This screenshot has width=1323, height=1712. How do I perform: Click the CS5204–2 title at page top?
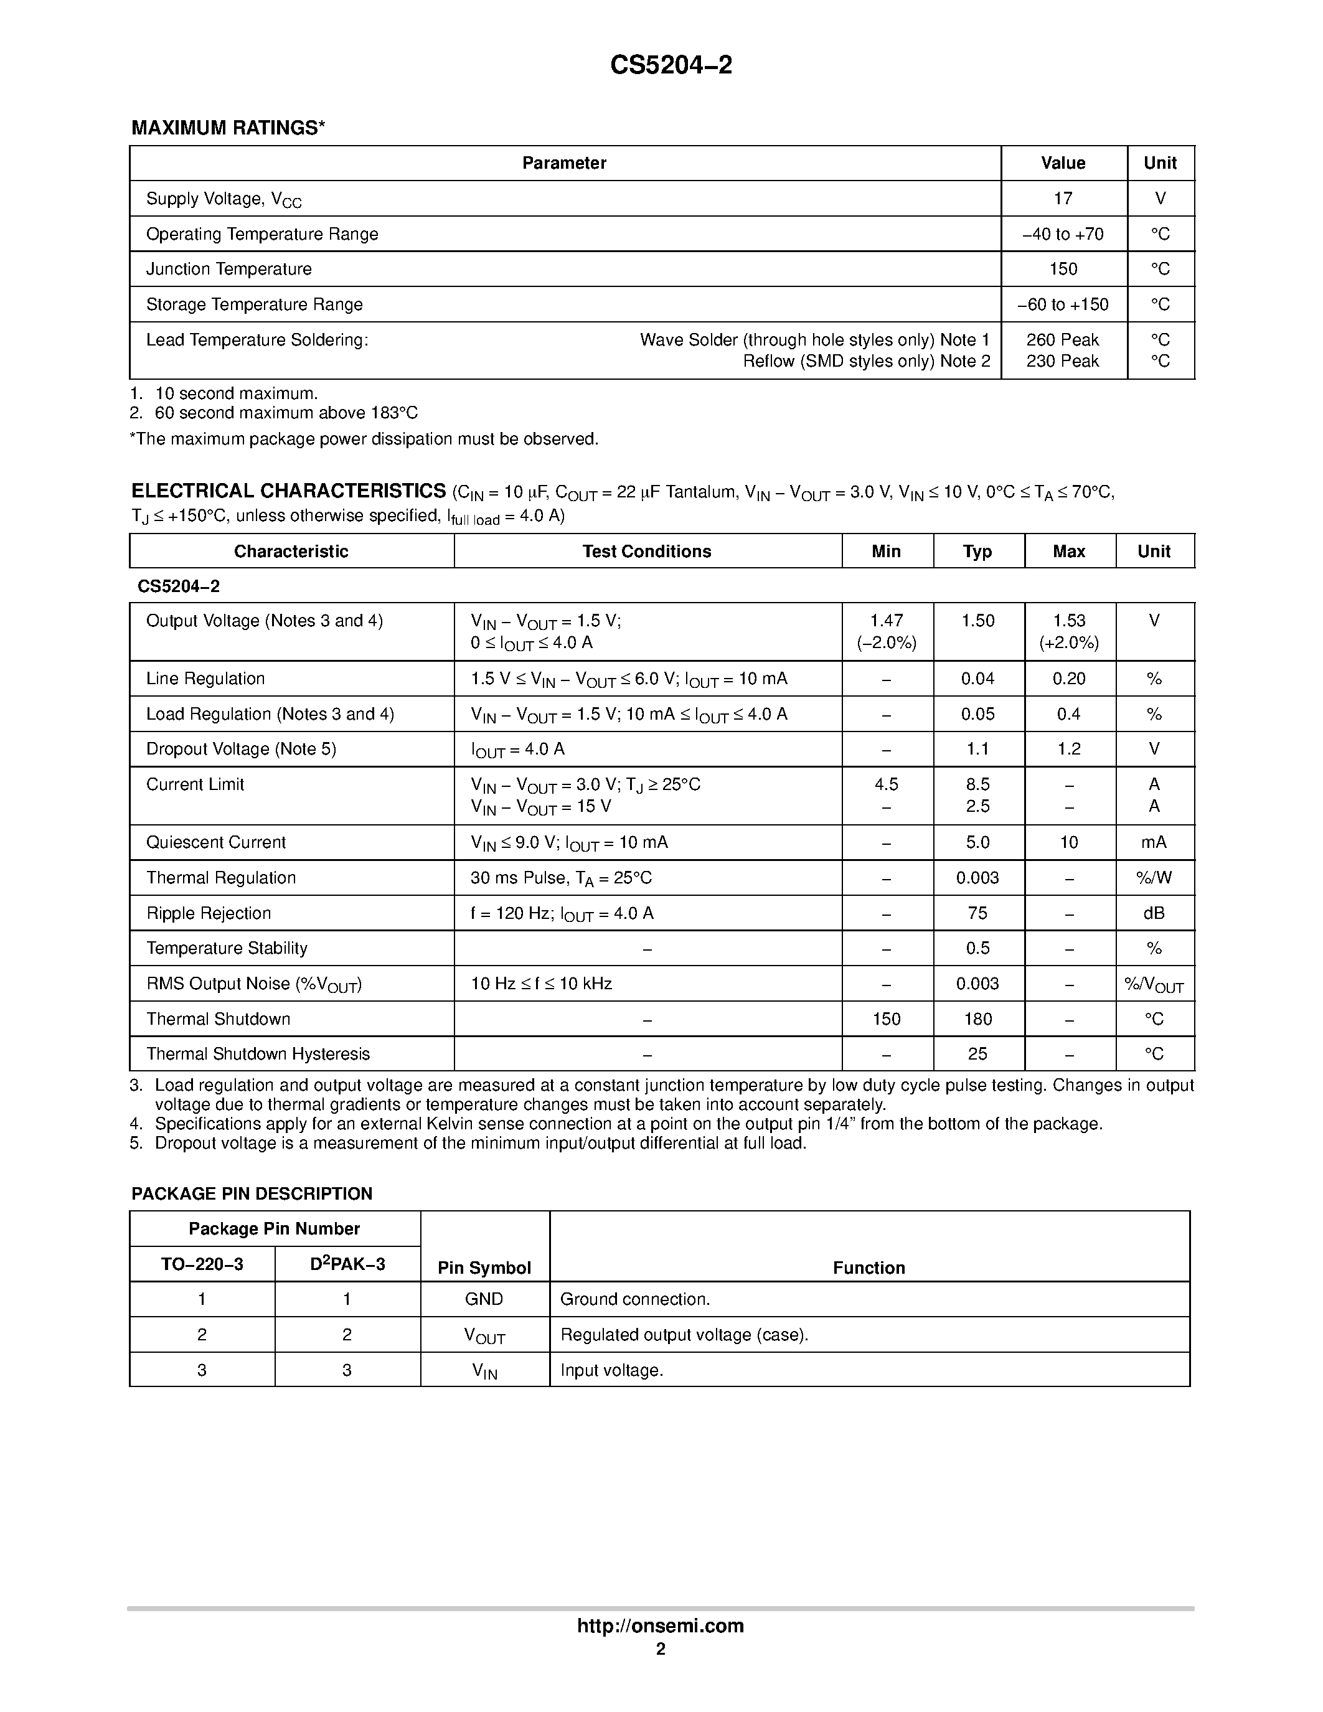tap(671, 65)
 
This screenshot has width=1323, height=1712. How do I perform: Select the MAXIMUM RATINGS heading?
tap(227, 128)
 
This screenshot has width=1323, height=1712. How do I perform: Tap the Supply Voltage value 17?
tap(1063, 199)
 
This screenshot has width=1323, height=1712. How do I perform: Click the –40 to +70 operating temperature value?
tap(1063, 233)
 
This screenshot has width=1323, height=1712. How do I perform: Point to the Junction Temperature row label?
tap(229, 269)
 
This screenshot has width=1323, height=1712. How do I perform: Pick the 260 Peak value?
tap(1063, 339)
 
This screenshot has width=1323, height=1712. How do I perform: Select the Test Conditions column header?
tap(647, 551)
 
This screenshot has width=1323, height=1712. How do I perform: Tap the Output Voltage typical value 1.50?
tap(977, 621)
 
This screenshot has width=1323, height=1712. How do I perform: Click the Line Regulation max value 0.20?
tap(1069, 679)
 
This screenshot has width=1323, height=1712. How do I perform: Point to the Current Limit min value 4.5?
tap(887, 784)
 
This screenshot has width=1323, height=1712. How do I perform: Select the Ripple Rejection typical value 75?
tap(977, 913)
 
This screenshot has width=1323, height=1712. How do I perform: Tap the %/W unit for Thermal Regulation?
tap(1154, 878)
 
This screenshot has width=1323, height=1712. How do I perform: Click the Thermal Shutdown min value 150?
tap(887, 1019)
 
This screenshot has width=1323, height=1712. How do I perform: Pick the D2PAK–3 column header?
tap(347, 1264)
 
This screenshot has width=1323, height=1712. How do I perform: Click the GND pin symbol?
tap(484, 1299)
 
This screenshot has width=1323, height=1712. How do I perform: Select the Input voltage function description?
tap(611, 1370)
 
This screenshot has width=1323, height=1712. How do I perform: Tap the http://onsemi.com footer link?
tap(660, 1625)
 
